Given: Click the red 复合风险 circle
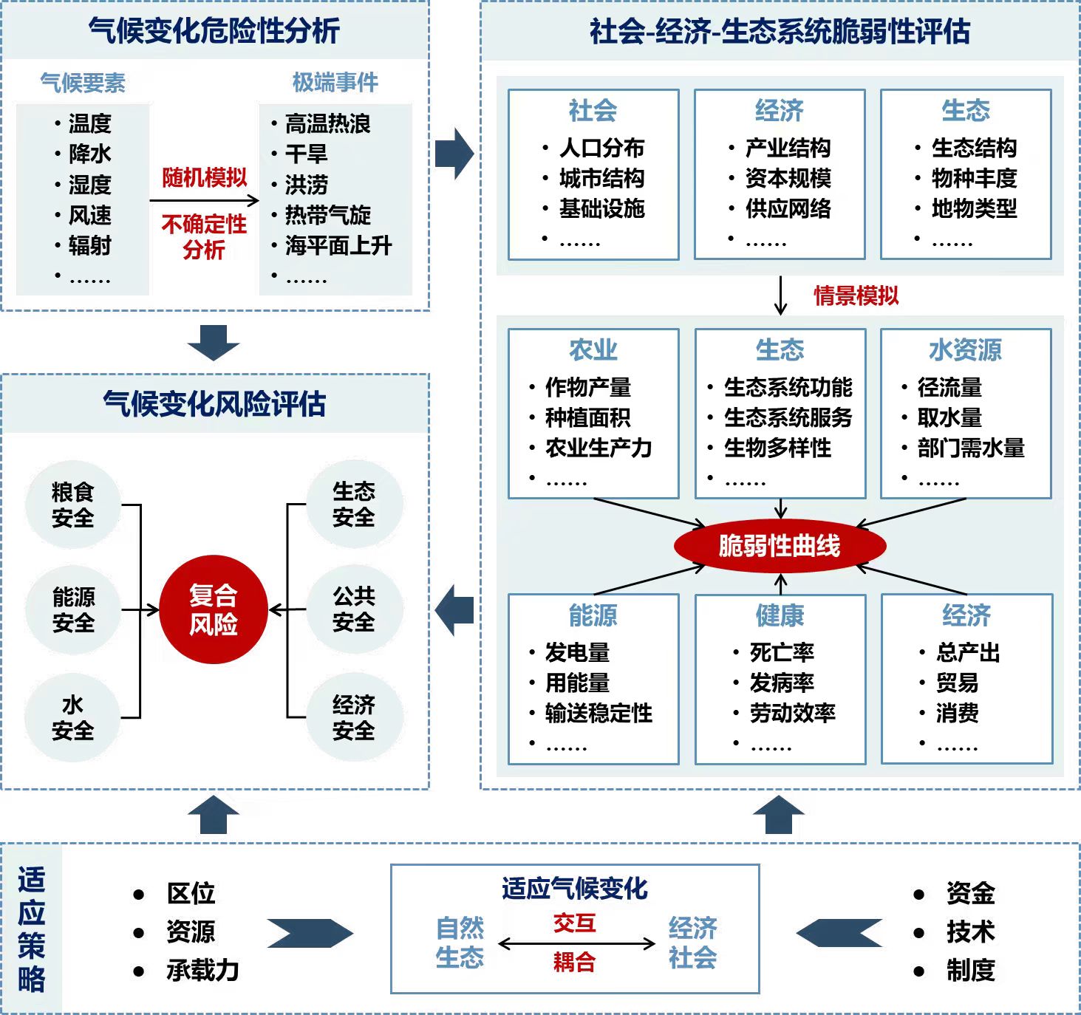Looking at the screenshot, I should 213,609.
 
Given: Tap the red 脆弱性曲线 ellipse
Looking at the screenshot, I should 780,546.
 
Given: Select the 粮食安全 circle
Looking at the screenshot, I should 72,505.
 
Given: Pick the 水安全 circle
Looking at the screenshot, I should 72,717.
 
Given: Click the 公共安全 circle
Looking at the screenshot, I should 354,609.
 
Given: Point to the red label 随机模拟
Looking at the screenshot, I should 205,177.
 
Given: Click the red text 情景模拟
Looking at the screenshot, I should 856,295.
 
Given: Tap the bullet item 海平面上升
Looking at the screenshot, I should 338,245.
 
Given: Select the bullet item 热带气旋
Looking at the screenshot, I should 328,215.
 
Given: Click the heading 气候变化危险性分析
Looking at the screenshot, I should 214,31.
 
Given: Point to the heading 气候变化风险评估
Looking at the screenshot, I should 214,404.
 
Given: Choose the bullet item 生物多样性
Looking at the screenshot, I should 777,448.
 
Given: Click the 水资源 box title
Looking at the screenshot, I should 965,349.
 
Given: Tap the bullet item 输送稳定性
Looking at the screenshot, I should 599,713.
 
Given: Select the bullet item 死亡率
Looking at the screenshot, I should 782,652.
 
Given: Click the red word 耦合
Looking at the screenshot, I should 574,962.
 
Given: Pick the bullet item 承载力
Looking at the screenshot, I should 202,970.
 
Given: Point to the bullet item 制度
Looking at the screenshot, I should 970,970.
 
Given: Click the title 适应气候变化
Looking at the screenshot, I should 574,888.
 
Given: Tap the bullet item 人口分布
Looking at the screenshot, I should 601,148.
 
